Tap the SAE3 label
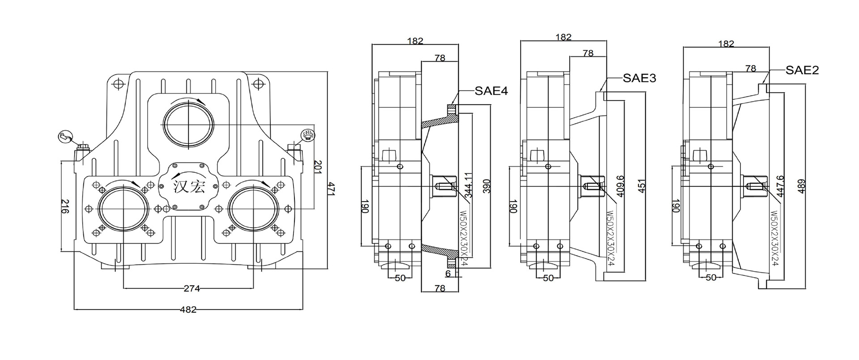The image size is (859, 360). [x=639, y=78]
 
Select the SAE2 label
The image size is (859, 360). [x=802, y=70]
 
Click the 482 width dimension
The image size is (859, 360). [x=188, y=309]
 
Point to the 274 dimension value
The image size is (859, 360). [x=192, y=288]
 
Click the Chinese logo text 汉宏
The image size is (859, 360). [x=188, y=186]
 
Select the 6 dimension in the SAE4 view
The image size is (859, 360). [x=448, y=272]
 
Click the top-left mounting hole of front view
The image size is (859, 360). [x=118, y=84]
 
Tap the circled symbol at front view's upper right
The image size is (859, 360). [x=308, y=135]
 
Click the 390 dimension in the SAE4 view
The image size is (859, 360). [x=487, y=185]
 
